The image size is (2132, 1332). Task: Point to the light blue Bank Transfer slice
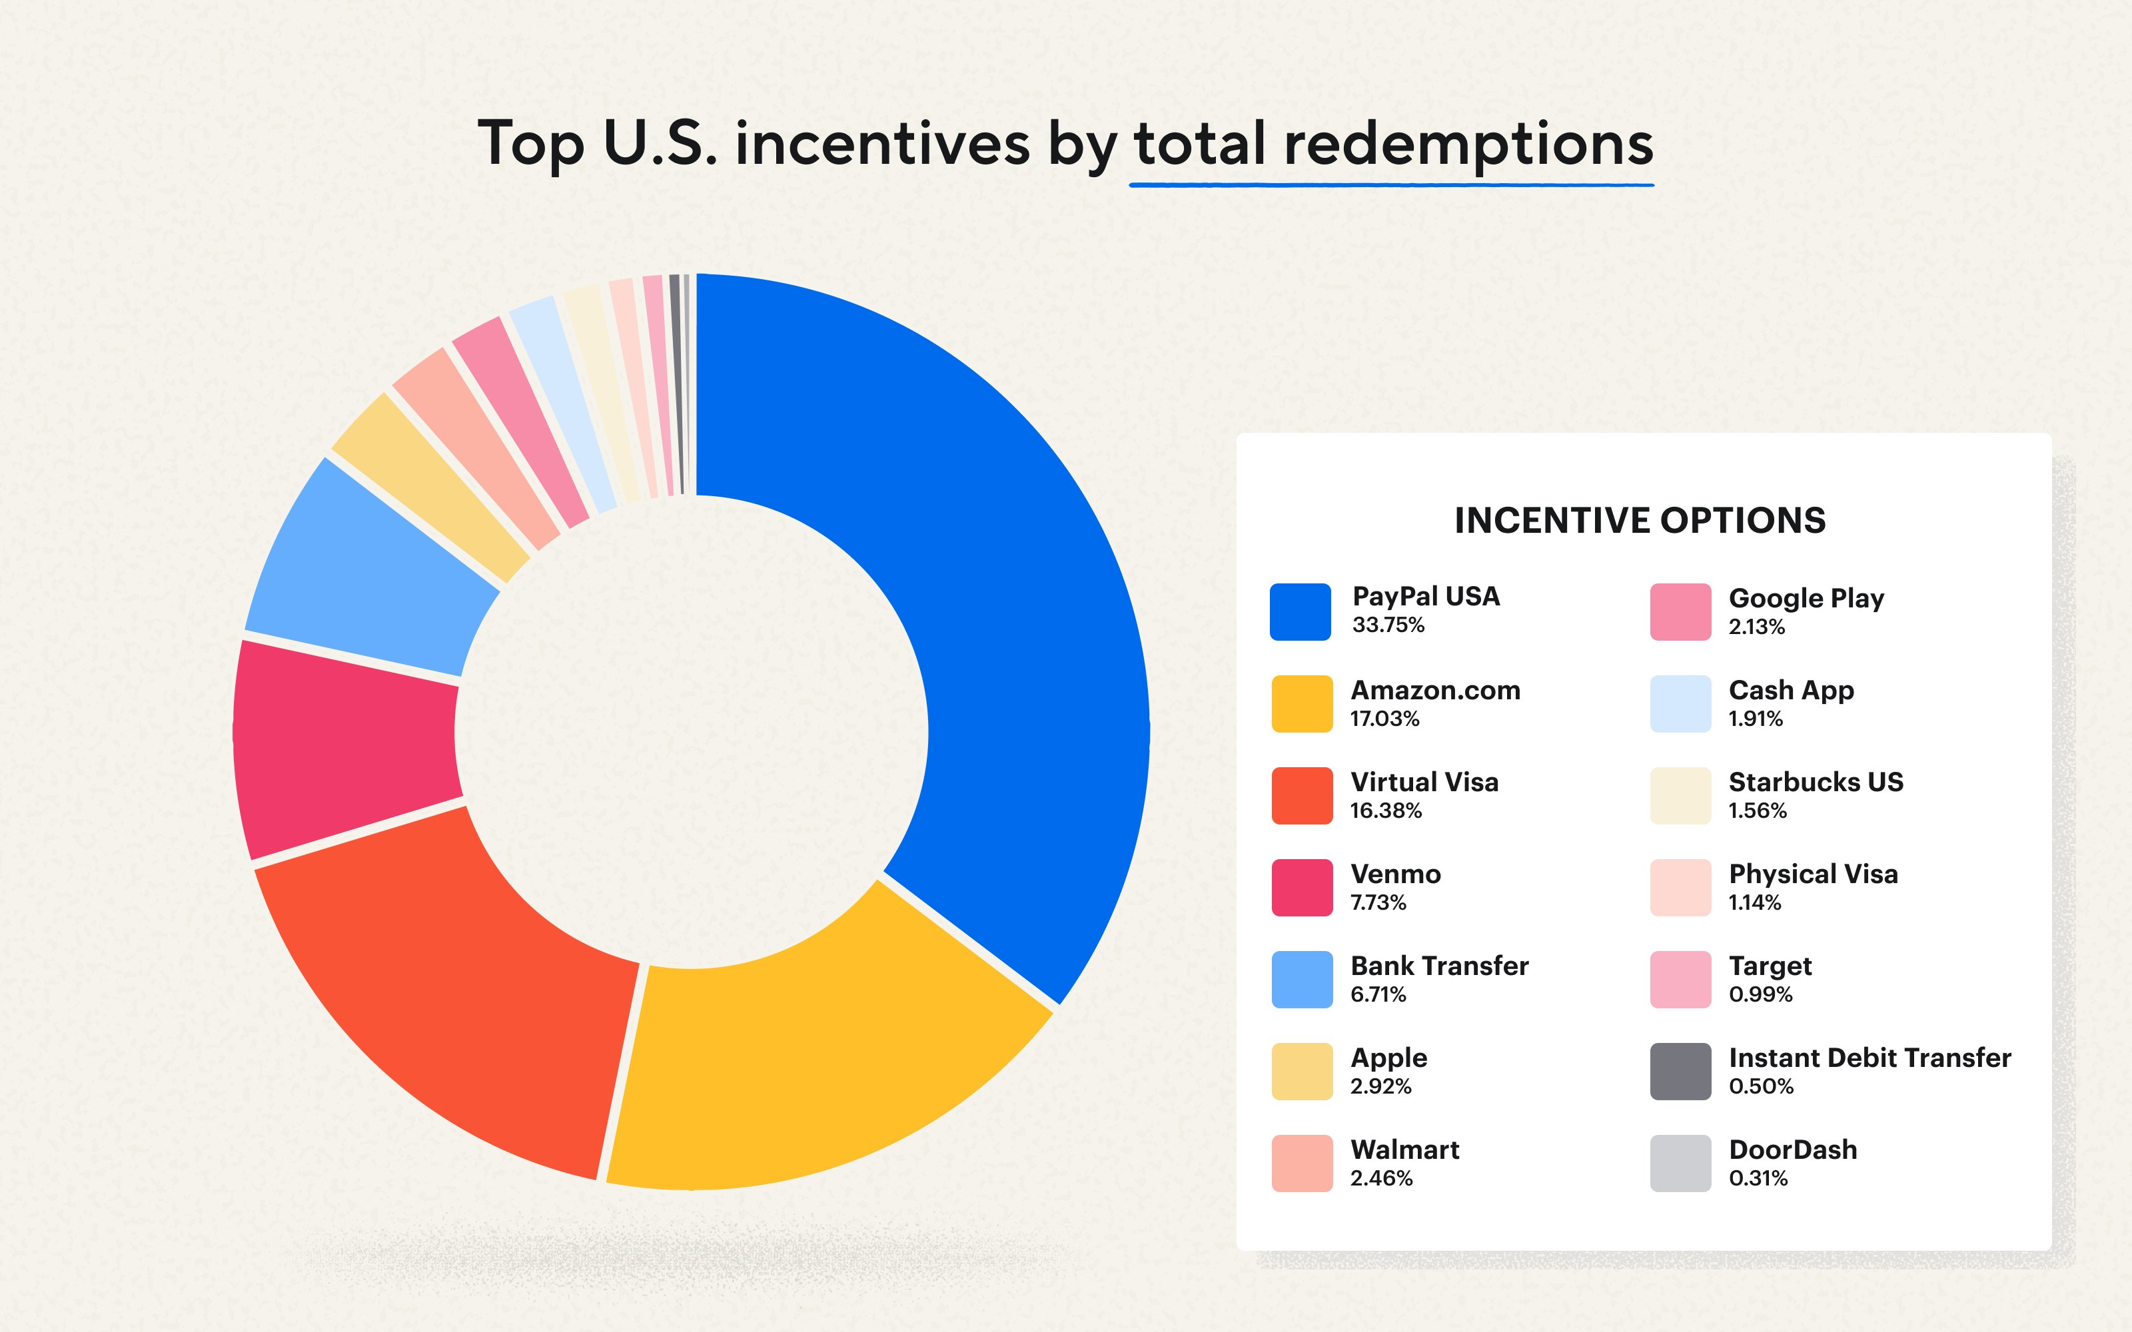coord(370,573)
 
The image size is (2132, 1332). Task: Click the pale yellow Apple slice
coord(432,485)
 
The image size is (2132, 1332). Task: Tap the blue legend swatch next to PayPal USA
coord(1301,611)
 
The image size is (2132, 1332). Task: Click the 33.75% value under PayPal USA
coord(1388,625)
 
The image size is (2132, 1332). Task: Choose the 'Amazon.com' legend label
coord(1435,690)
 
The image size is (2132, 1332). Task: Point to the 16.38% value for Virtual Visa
coord(1386,811)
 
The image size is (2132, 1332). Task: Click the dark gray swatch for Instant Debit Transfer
coord(1680,1071)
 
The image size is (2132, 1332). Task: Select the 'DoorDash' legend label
coord(1793,1150)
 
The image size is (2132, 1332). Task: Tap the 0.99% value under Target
coord(1760,994)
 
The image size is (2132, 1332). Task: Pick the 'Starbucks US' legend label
coord(1816,783)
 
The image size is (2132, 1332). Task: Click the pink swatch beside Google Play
coord(1680,611)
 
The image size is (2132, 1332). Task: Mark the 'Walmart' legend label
coord(1404,1150)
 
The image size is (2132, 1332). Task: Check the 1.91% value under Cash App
coord(1755,719)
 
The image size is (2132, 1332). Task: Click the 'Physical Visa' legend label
coord(1813,874)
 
